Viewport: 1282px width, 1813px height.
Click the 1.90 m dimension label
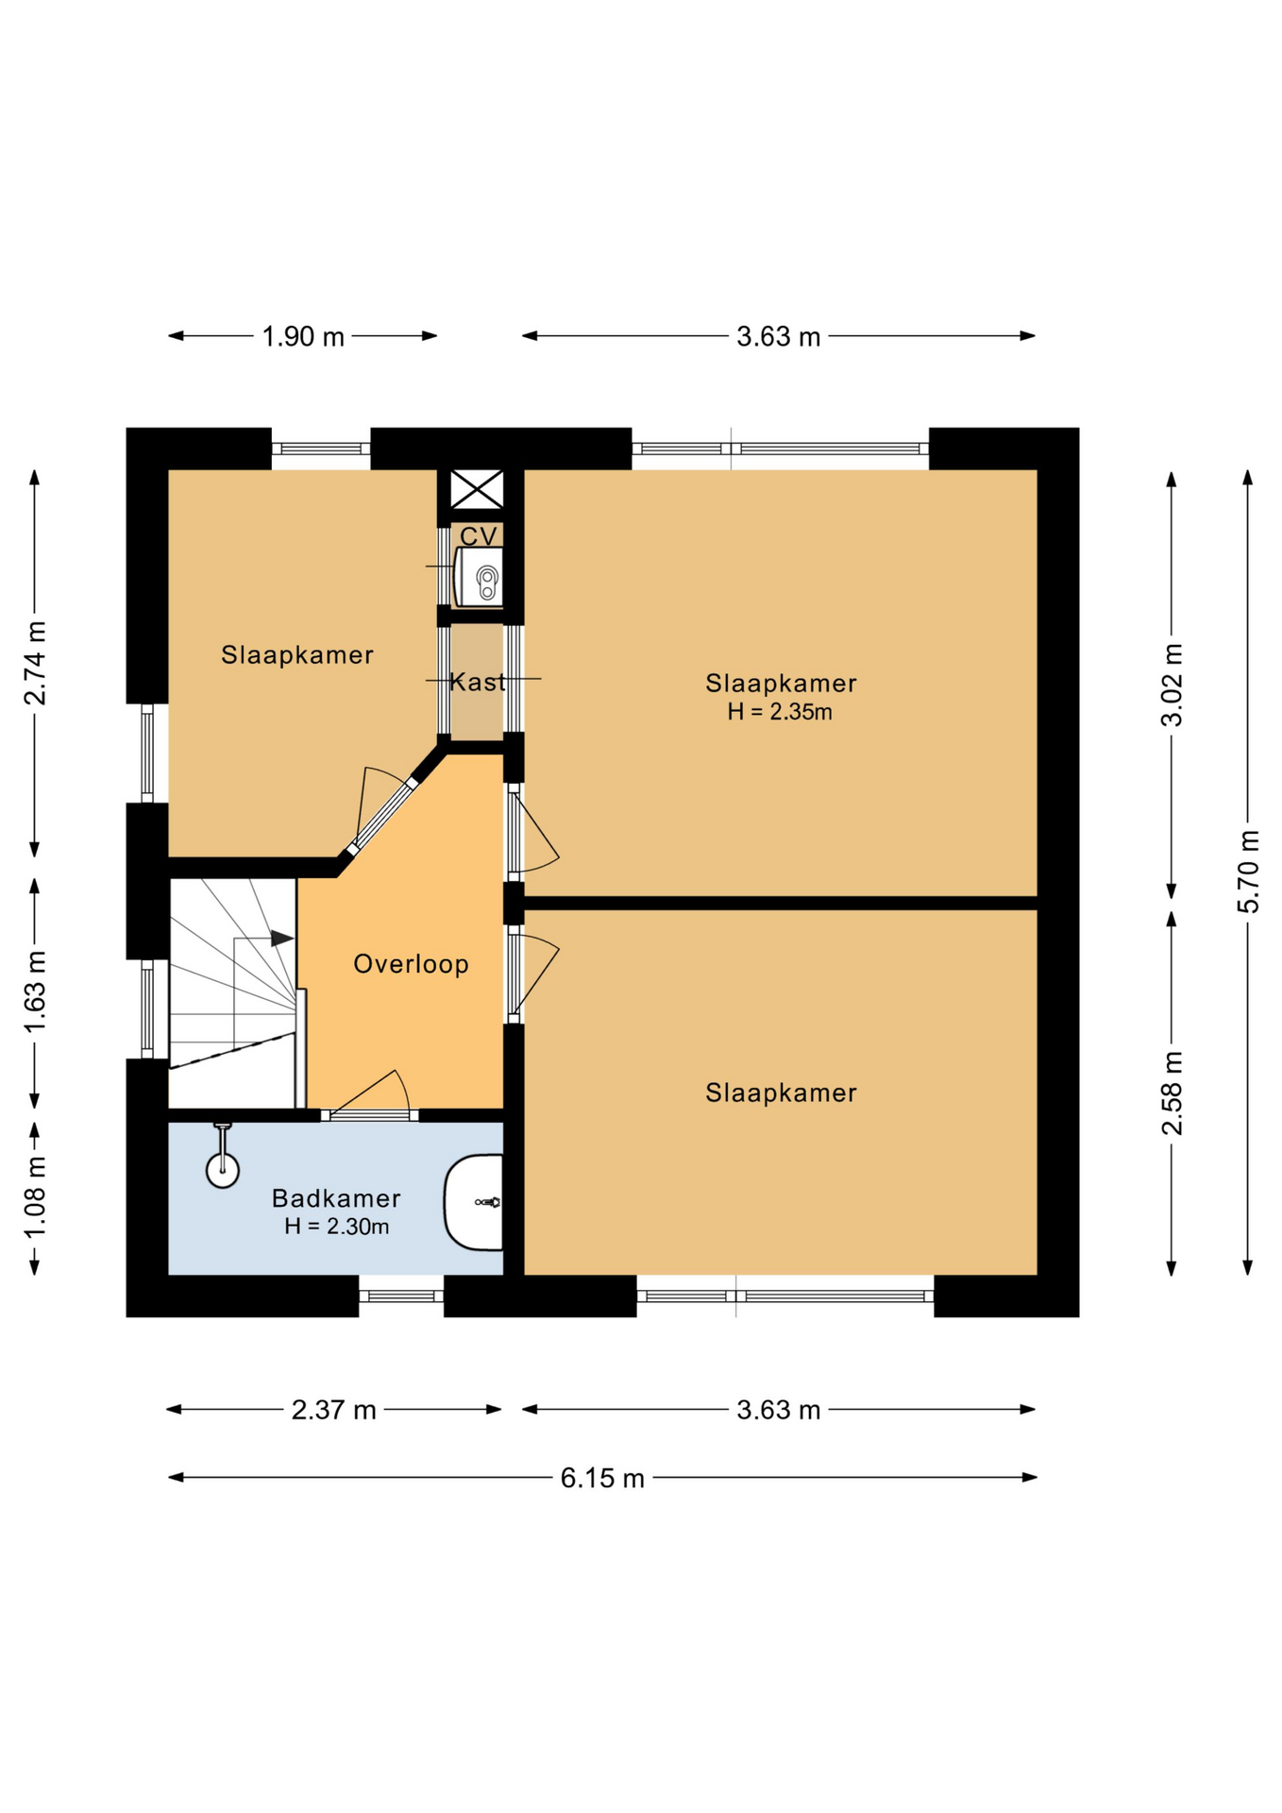pyautogui.click(x=303, y=336)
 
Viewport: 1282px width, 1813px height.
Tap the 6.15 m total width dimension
pyautogui.click(x=602, y=1478)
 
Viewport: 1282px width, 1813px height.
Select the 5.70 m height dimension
pyautogui.click(x=1248, y=872)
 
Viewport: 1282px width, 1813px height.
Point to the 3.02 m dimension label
pyautogui.click(x=1172, y=686)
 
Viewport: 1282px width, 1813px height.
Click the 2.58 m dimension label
pyautogui.click(x=1172, y=1093)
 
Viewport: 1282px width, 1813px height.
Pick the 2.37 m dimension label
pyautogui.click(x=334, y=1410)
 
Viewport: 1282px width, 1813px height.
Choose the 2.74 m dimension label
pyautogui.click(x=35, y=664)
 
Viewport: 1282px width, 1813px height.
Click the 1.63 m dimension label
pyautogui.click(x=35, y=991)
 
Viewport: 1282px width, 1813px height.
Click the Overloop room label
pyautogui.click(x=411, y=964)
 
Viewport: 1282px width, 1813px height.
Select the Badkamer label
pyautogui.click(x=336, y=1198)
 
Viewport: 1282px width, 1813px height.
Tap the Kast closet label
pyautogui.click(x=478, y=682)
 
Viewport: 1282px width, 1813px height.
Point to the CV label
pyautogui.click(x=479, y=536)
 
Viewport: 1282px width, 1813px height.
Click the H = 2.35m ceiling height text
pyautogui.click(x=780, y=712)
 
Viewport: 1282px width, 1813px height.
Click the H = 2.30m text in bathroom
pyautogui.click(x=337, y=1227)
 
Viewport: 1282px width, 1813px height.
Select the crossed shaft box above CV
pyautogui.click(x=477, y=489)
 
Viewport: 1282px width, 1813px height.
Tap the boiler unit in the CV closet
pyautogui.click(x=479, y=577)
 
